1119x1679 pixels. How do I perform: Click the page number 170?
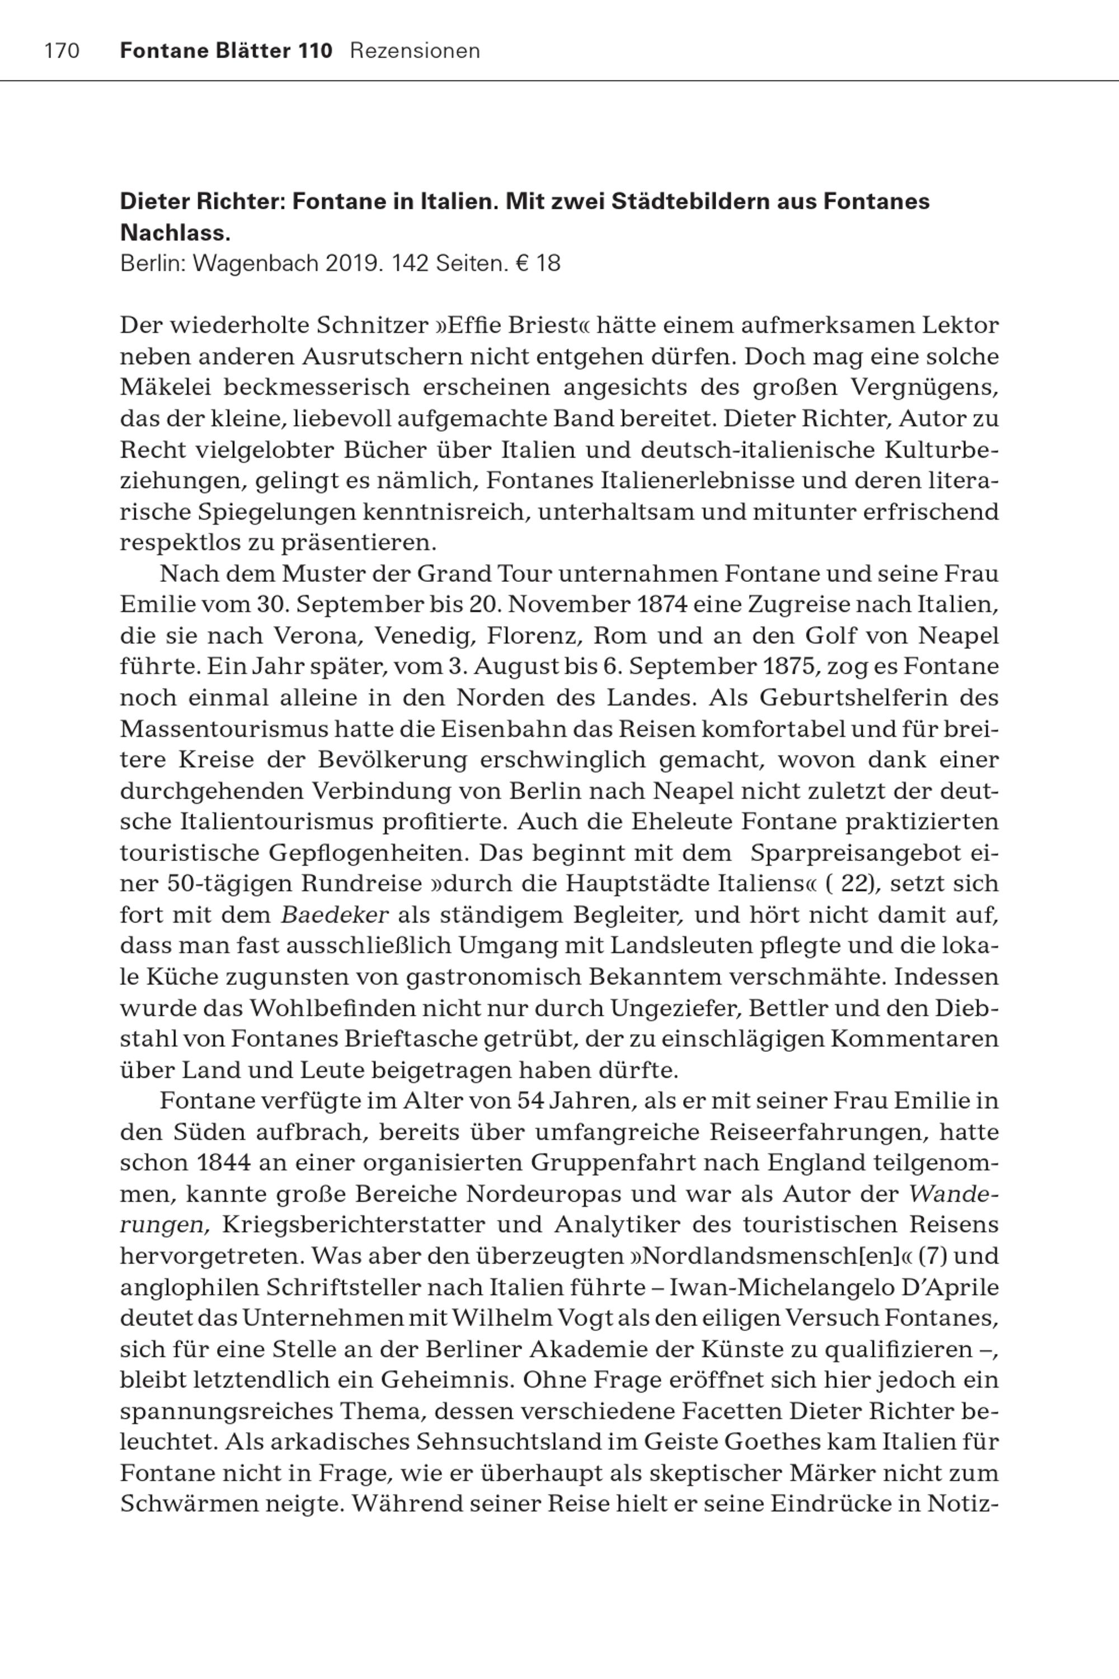[62, 51]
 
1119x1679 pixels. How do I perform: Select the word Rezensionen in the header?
[415, 51]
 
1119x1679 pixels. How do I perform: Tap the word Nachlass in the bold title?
[174, 233]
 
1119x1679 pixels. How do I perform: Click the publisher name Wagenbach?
[256, 264]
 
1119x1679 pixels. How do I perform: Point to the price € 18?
[538, 264]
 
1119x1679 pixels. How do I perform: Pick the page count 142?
[410, 264]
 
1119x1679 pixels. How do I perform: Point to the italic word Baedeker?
[335, 915]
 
